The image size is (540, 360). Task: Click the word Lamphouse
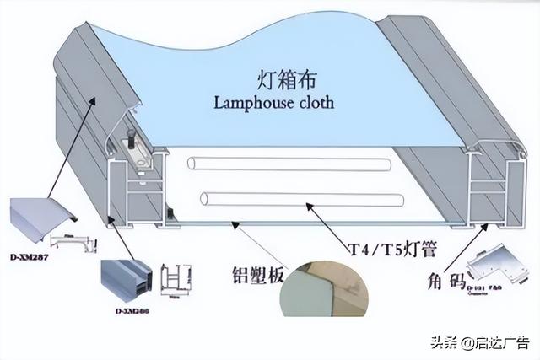(251, 103)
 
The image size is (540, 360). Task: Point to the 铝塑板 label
(258, 276)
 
